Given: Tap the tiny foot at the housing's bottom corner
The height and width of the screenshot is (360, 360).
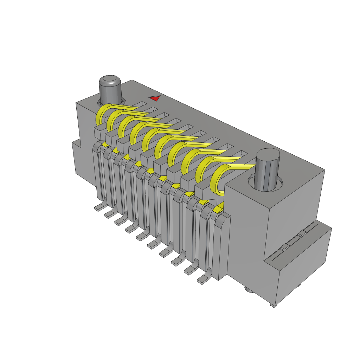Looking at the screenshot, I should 273,306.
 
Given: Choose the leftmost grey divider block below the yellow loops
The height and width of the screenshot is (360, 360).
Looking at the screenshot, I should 99,132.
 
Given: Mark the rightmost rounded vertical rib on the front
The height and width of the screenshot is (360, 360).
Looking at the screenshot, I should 222,246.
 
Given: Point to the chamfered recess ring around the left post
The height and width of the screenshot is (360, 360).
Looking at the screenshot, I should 100,103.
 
